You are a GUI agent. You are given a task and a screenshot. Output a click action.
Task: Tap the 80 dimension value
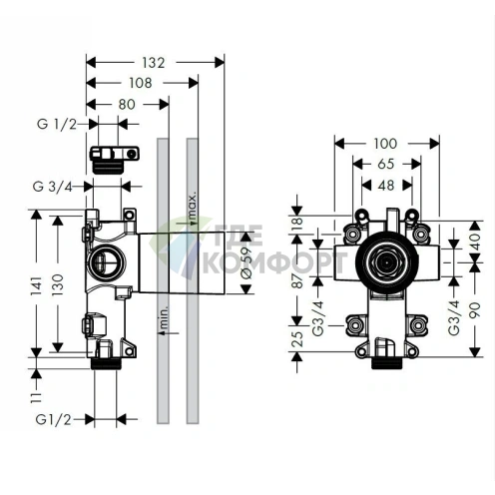pos(126,103)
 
